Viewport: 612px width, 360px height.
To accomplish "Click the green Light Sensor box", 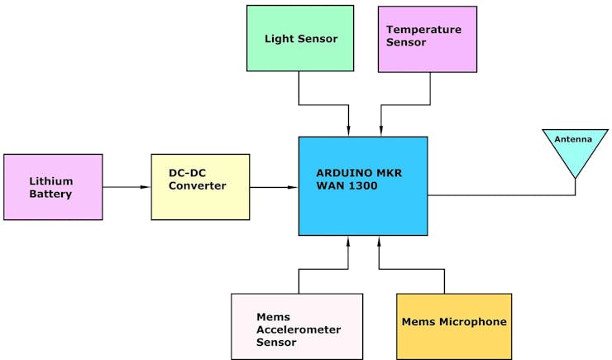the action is tap(300, 38).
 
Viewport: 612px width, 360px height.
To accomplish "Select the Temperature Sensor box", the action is tap(428, 39).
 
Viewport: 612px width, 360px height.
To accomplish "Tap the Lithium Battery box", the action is tap(53, 187).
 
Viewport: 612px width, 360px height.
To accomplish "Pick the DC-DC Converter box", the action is tap(200, 187).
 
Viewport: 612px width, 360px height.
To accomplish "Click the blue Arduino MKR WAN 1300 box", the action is tap(363, 186).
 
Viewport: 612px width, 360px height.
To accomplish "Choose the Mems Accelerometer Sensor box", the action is tap(297, 326).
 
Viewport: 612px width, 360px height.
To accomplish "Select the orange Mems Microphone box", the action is tap(454, 326).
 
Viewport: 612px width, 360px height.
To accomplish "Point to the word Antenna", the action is tap(573, 139).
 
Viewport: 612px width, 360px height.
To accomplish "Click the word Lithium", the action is tap(51, 181).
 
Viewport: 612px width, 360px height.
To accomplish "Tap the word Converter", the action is tap(198, 185).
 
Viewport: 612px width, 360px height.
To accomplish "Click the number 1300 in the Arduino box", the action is tap(363, 185).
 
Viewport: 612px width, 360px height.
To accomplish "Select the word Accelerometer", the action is tap(299, 329).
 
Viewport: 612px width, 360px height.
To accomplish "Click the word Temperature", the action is tap(424, 30).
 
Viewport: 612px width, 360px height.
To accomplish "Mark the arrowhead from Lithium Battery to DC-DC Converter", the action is tap(146, 187).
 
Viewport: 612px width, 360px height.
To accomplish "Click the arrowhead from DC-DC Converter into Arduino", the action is tap(293, 187).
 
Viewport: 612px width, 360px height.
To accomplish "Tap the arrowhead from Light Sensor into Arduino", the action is tap(348, 131).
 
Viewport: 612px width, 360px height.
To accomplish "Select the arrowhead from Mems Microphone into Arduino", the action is tap(379, 242).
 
